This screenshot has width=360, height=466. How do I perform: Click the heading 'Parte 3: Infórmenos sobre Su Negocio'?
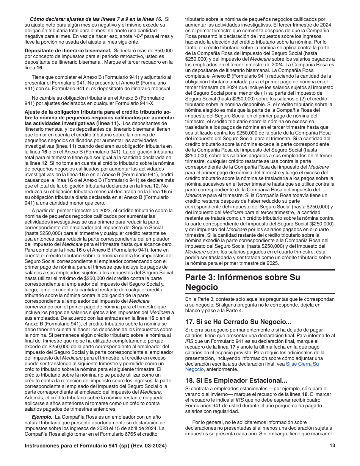243,282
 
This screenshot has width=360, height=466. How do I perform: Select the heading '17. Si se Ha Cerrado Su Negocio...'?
238,322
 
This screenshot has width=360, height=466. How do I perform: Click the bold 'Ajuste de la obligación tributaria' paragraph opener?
61,112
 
